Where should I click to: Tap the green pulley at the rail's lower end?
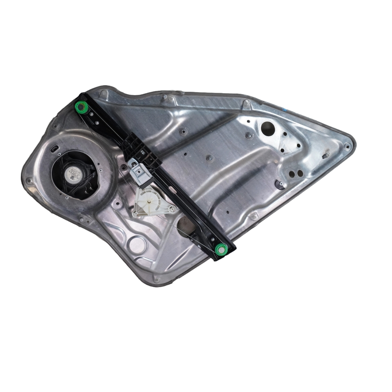(221, 249)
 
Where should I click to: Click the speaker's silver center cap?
(74, 173)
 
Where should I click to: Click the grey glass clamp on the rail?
(139, 172)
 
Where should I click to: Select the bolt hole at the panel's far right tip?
(347, 146)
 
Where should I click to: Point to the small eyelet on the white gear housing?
(172, 209)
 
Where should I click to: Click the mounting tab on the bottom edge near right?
(253, 216)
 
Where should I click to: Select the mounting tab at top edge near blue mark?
(246, 104)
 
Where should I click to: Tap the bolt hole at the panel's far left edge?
(29, 180)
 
